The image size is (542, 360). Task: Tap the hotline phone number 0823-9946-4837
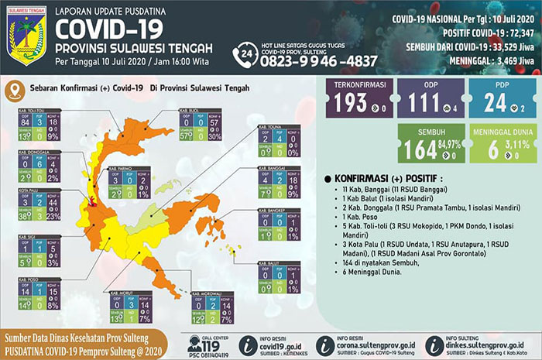click(x=318, y=60)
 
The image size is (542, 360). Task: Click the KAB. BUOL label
click(x=190, y=111)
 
